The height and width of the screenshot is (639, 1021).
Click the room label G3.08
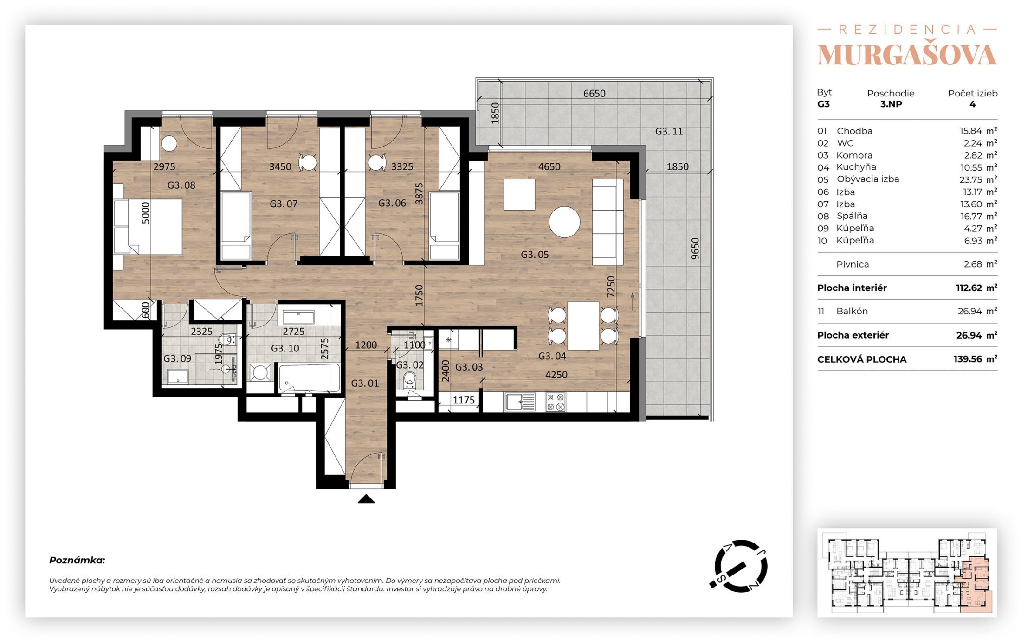coord(181,185)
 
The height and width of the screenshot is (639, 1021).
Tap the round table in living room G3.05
coord(564,222)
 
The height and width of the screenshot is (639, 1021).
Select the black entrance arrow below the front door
coord(366,499)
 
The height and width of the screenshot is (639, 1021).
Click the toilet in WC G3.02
coord(410,379)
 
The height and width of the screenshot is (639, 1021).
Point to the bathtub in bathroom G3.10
coord(309,378)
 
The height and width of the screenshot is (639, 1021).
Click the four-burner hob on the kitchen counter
coord(556,402)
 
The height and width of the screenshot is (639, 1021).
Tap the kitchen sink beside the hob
coord(520,402)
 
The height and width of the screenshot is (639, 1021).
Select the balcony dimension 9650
coord(695,249)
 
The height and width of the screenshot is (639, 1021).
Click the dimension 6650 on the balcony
coord(595,93)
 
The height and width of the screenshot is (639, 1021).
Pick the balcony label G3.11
coord(669,131)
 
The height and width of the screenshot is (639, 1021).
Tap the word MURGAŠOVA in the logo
coord(907,55)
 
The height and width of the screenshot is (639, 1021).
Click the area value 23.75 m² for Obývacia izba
coord(978,179)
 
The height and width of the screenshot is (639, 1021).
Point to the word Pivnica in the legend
coord(853,264)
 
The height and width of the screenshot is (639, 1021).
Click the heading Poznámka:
coord(77,560)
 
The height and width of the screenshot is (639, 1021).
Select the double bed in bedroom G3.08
coord(148,227)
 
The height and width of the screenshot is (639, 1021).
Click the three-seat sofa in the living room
coord(607,222)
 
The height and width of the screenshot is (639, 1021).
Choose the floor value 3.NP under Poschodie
coord(891,104)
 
